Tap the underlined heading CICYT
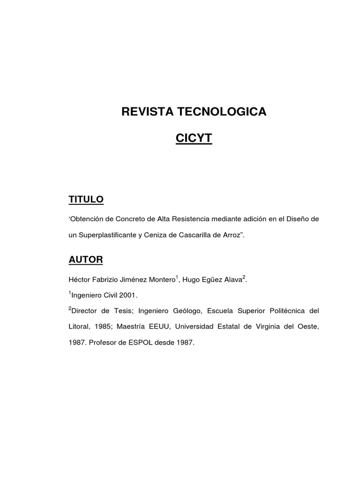[x=194, y=138]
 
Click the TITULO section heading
[x=86, y=200]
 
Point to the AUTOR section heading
[x=85, y=259]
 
